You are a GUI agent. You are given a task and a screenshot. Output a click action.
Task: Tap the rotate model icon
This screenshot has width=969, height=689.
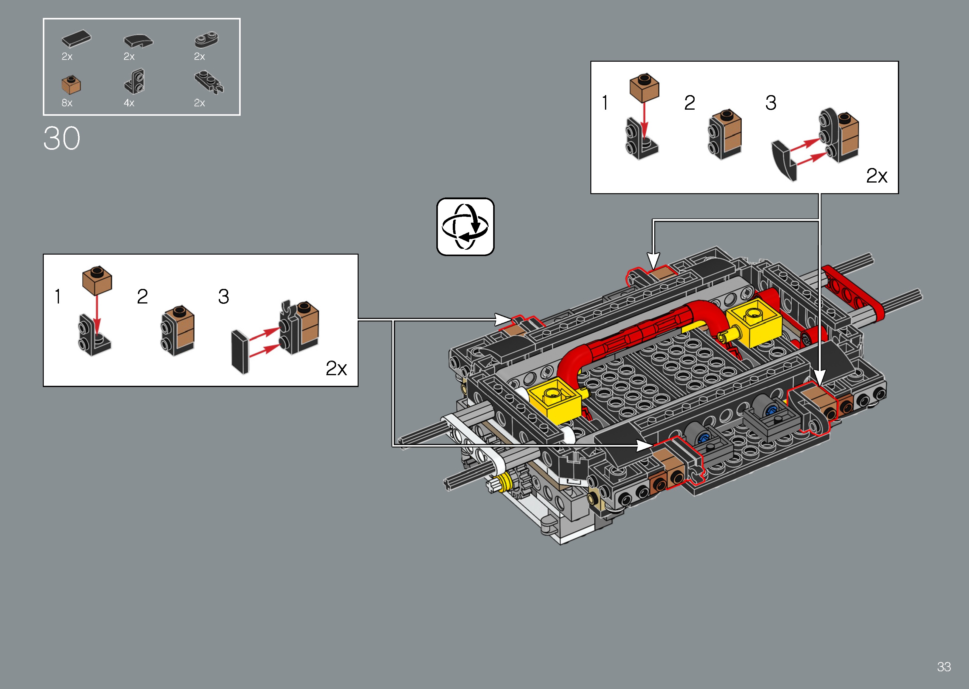click(x=466, y=227)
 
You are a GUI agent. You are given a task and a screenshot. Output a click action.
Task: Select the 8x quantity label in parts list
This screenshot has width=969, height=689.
click(x=67, y=103)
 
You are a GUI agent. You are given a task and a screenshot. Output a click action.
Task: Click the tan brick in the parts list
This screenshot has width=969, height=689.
click(x=71, y=85)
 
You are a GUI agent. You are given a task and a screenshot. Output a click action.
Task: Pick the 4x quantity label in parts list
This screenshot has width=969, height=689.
click(x=129, y=103)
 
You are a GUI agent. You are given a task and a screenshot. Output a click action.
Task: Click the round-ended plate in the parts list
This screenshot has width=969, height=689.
click(x=206, y=39)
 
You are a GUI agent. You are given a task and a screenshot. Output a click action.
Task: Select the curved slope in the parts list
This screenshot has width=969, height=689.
click(x=138, y=41)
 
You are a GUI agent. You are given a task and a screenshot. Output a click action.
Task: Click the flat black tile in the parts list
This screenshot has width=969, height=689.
click(x=76, y=39)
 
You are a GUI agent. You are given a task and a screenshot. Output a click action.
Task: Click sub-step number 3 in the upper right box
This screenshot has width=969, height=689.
click(x=771, y=103)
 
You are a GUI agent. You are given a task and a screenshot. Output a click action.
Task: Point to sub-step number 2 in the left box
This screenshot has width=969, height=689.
click(x=142, y=297)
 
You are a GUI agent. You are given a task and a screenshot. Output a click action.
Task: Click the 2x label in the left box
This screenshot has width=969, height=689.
click(x=336, y=368)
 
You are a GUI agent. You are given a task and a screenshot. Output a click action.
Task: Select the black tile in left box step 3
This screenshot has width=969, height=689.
click(x=240, y=352)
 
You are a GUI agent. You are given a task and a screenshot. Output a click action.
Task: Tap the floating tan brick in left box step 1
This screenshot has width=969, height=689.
click(x=97, y=280)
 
